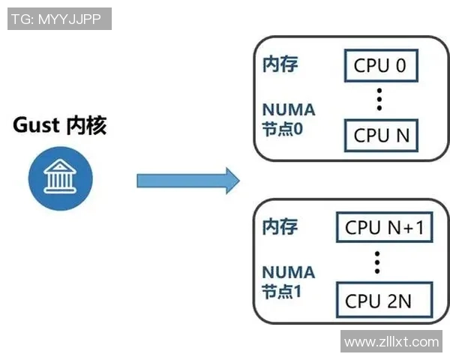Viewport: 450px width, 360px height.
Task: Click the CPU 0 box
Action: pyautogui.click(x=380, y=66)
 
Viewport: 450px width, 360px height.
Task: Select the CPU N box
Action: pyautogui.click(x=381, y=136)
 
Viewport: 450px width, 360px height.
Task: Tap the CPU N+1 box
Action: pyautogui.click(x=383, y=227)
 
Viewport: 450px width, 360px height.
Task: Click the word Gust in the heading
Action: pyautogui.click(x=36, y=124)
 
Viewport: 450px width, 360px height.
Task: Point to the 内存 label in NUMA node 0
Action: pyautogui.click(x=280, y=64)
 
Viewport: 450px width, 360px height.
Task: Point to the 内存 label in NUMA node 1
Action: pyautogui.click(x=280, y=226)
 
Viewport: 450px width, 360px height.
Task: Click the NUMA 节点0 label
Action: pyautogui.click(x=289, y=118)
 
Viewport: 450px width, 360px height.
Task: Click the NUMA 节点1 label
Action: pyautogui.click(x=288, y=281)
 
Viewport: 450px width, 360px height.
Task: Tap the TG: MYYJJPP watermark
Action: pyautogui.click(x=59, y=19)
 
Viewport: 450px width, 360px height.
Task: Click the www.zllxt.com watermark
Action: pyautogui.click(x=391, y=342)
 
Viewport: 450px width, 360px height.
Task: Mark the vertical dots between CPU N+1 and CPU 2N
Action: pyautogui.click(x=378, y=262)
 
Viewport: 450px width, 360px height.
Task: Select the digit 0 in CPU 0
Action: pyautogui.click(x=400, y=66)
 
